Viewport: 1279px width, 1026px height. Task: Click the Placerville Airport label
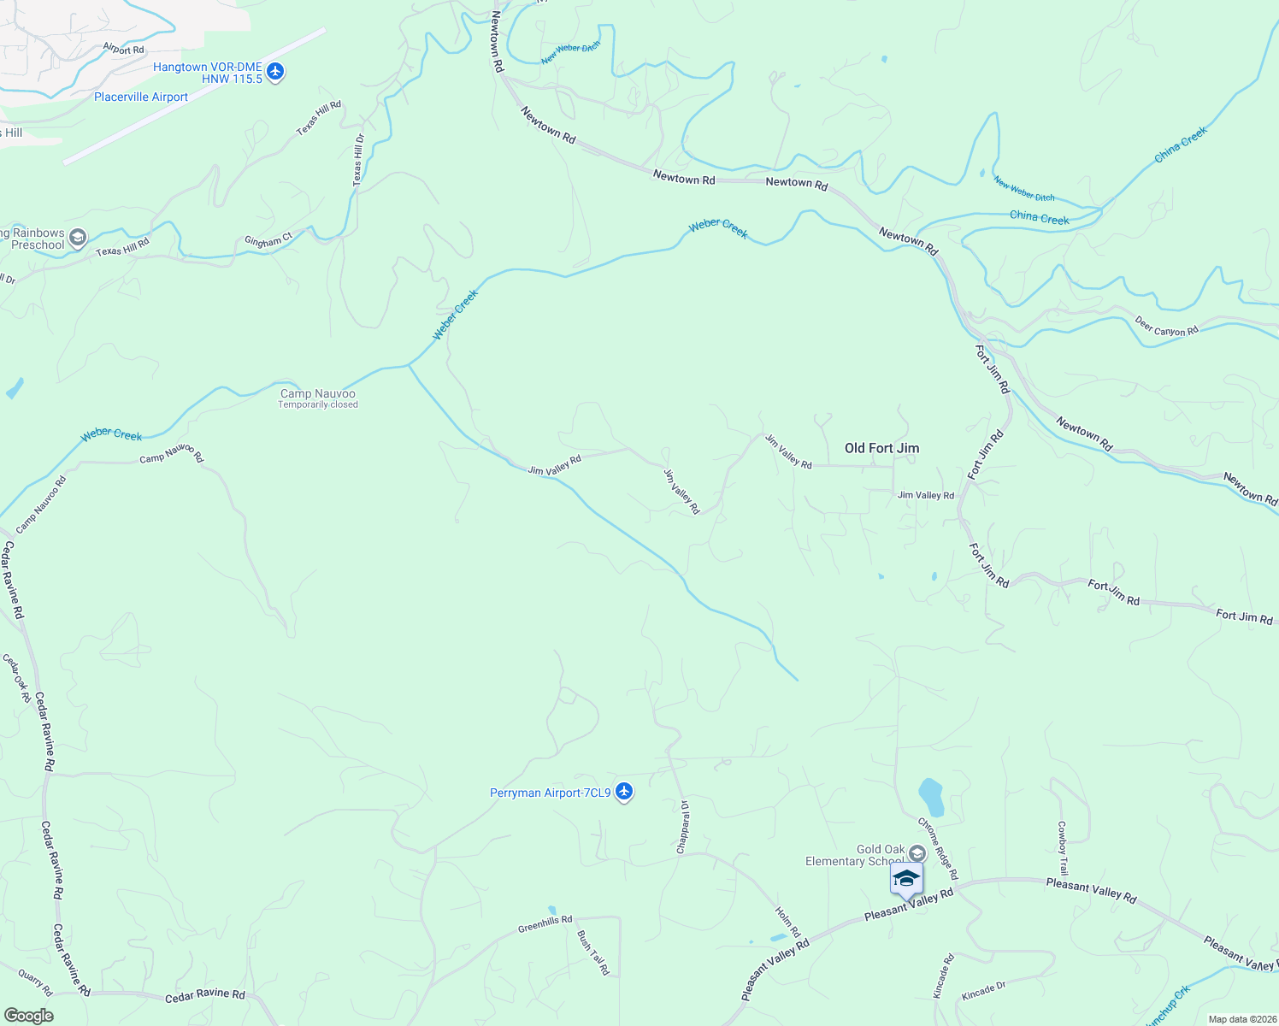coord(141,97)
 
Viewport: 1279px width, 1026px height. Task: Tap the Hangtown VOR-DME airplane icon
coord(274,72)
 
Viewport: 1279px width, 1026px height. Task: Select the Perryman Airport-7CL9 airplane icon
coord(624,792)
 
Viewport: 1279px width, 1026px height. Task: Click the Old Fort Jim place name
coord(881,448)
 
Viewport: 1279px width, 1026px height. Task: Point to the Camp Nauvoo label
coord(317,394)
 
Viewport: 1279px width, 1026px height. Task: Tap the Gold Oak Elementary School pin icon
coord(906,879)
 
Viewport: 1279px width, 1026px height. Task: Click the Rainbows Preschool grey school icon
coord(78,238)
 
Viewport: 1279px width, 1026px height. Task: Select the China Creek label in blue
coord(1039,217)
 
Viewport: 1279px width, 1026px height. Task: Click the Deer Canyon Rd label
coord(1167,326)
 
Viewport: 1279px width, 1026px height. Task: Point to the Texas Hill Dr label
coord(358,160)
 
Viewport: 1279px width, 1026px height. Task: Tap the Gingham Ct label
coord(268,241)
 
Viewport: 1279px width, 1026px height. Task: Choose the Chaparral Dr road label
coord(682,827)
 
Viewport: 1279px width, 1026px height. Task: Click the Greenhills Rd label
coord(545,924)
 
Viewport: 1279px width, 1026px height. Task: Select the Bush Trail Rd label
coord(593,952)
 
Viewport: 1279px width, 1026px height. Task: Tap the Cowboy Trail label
coord(1062,848)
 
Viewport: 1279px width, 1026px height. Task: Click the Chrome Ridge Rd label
coord(938,848)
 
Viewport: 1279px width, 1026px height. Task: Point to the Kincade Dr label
coord(983,991)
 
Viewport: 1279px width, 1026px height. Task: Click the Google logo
coord(28,1016)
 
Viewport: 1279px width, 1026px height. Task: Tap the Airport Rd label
coord(123,50)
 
